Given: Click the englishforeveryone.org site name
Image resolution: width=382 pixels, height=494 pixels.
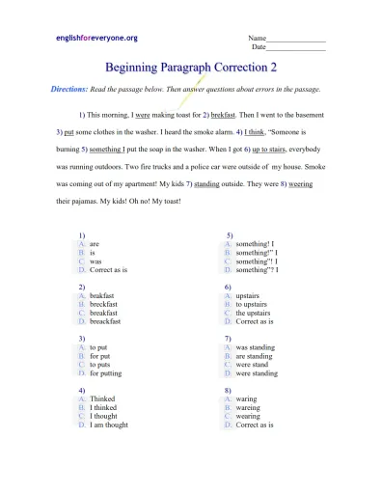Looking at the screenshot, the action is (95, 38).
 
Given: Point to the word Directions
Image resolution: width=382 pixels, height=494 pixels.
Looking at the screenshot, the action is (72, 88).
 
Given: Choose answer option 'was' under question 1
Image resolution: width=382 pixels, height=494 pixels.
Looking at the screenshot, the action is (95, 261).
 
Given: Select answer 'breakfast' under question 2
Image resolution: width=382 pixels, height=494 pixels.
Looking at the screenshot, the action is (103, 314).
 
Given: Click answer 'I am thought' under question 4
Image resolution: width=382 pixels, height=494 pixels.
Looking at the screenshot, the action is (110, 425).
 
